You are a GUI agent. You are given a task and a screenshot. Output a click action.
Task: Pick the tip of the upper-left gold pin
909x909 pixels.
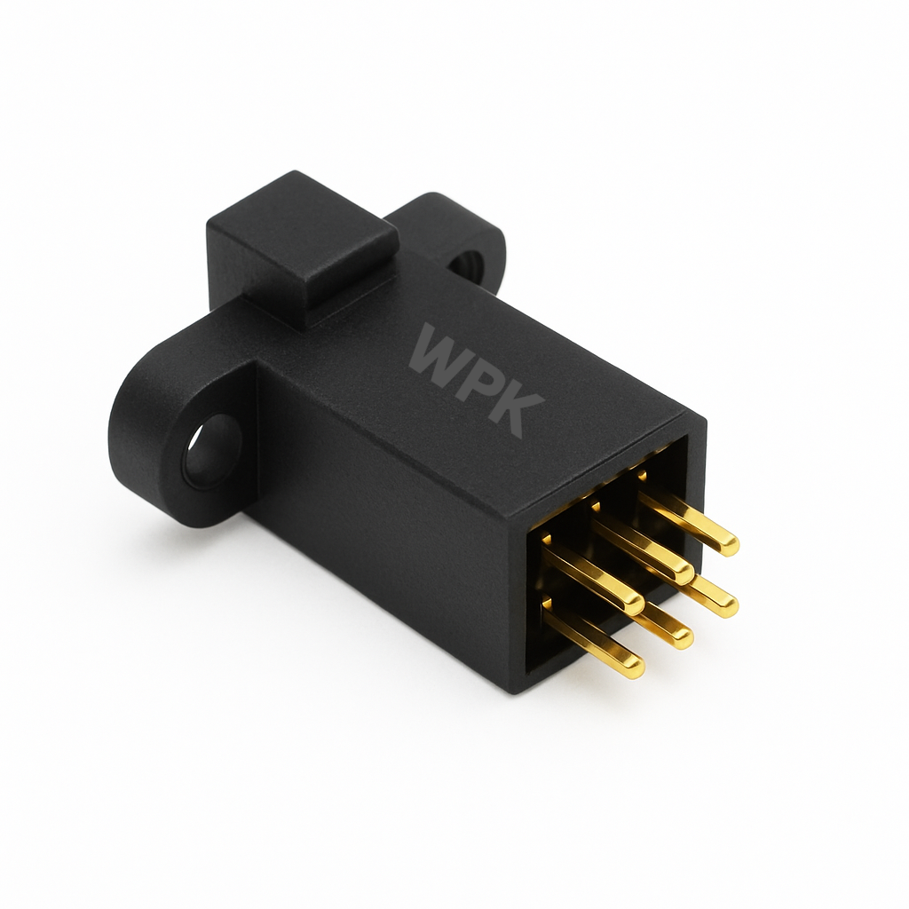click(x=632, y=602)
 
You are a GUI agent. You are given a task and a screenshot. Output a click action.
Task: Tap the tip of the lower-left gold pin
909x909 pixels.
click(x=632, y=666)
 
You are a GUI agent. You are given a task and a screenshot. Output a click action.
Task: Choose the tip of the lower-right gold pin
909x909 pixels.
click(x=726, y=605)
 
